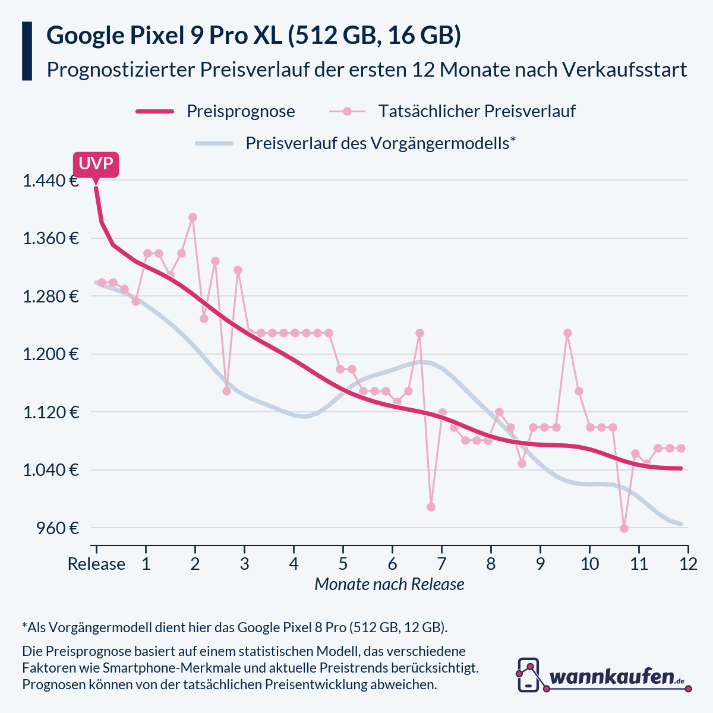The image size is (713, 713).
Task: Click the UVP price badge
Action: pyautogui.click(x=96, y=164)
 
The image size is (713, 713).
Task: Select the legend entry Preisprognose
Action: pyautogui.click(x=240, y=111)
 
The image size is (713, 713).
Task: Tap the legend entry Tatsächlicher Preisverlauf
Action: pyautogui.click(x=477, y=111)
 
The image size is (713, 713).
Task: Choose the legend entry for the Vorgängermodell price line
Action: pyautogui.click(x=380, y=143)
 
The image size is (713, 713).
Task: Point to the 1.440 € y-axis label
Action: pyautogui.click(x=51, y=181)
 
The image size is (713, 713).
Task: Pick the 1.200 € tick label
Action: pyautogui.click(x=51, y=354)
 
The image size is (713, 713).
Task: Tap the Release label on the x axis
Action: pyautogui.click(x=96, y=563)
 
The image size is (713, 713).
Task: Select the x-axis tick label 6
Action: pyautogui.click(x=392, y=563)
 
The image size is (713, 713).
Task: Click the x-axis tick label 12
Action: pyautogui.click(x=688, y=563)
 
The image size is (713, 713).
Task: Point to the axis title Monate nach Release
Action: pyautogui.click(x=389, y=584)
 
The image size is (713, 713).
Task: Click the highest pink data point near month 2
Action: pyautogui.click(x=193, y=217)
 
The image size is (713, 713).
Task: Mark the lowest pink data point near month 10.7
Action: pyautogui.click(x=624, y=528)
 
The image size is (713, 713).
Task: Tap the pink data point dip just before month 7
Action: pyautogui.click(x=431, y=507)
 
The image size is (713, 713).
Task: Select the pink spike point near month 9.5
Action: pyautogui.click(x=567, y=333)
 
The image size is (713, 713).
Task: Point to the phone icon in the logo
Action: pyautogui.click(x=528, y=675)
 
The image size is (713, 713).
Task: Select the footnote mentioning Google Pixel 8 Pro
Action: pyautogui.click(x=235, y=627)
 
